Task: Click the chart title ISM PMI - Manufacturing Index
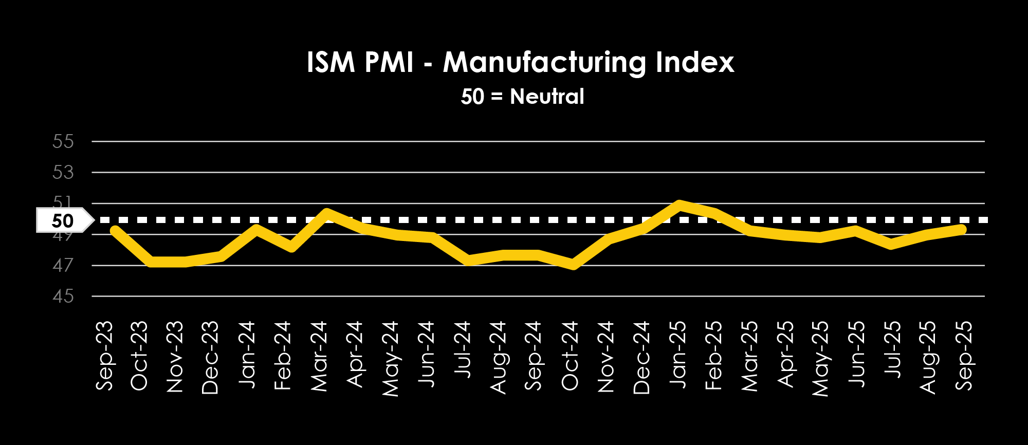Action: (520, 62)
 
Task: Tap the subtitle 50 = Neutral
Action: (522, 97)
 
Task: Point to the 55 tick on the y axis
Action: (63, 141)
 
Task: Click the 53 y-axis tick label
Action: (63, 172)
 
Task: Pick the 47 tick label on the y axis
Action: (63, 266)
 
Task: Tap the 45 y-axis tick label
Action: (63, 296)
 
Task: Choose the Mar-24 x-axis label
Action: (320, 356)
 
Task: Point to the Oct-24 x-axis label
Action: (571, 356)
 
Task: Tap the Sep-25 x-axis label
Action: (965, 356)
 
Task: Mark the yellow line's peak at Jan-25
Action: (680, 205)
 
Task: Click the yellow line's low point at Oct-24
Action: (573, 265)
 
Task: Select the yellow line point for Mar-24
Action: (326, 213)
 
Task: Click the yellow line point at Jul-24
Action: (469, 260)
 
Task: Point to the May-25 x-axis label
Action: (821, 358)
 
